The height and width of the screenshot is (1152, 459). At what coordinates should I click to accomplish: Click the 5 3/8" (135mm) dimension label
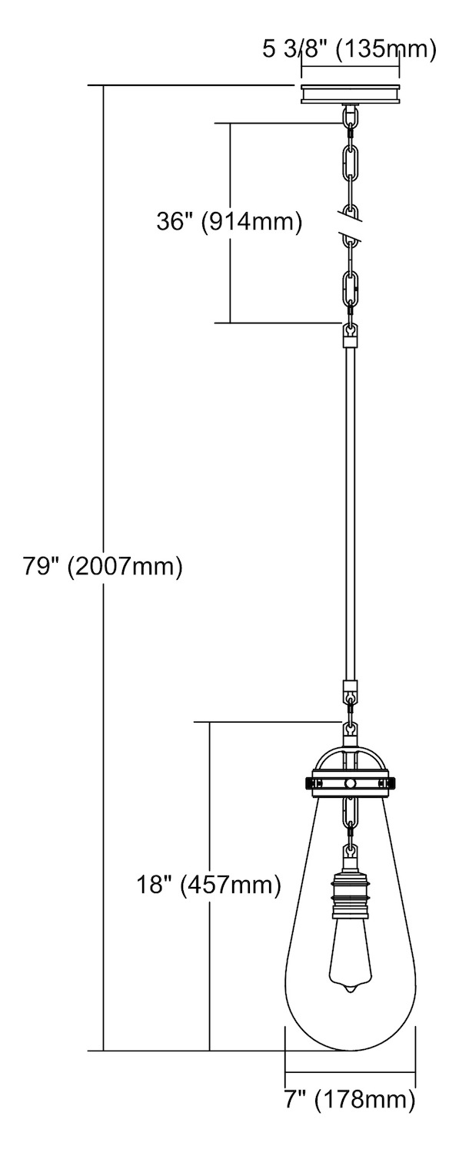click(349, 50)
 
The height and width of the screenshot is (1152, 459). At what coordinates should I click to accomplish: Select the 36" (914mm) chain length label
click(229, 223)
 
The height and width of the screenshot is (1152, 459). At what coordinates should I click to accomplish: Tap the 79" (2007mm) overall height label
click(102, 566)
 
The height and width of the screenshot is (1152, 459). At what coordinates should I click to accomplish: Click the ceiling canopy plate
click(350, 94)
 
